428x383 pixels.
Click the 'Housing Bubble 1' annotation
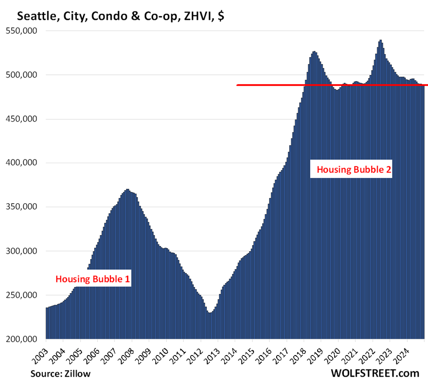[x=93, y=279]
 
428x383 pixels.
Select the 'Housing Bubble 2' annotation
[x=354, y=170]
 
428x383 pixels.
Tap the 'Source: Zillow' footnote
[x=60, y=374]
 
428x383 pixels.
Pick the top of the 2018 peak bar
[x=314, y=52]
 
